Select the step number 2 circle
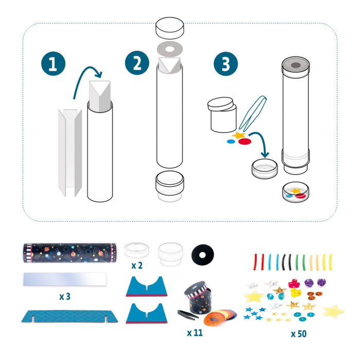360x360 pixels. click(x=135, y=64)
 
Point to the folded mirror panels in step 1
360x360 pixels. click(x=68, y=152)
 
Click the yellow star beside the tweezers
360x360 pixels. click(x=239, y=136)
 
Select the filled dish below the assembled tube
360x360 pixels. click(x=296, y=194)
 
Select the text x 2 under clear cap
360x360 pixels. click(x=136, y=266)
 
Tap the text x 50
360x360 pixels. click(x=299, y=333)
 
